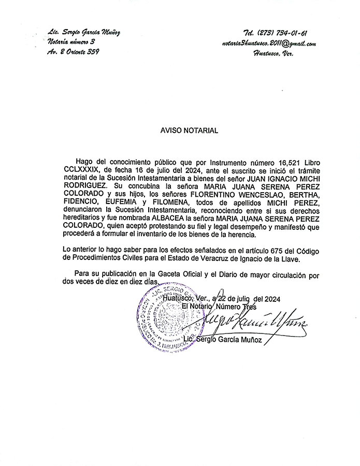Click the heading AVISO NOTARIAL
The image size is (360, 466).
189,131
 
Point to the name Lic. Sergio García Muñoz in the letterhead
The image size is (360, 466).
83,32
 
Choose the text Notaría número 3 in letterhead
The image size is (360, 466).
71,42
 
